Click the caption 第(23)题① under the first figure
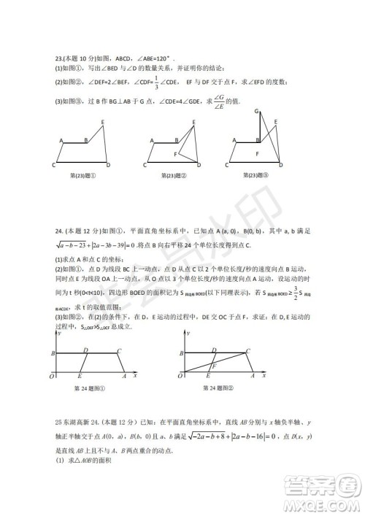tap(84, 174)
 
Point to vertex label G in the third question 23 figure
tap(256, 110)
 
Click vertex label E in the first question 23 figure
tap(102, 121)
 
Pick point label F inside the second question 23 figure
tap(176, 155)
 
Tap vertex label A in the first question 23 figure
tap(61, 139)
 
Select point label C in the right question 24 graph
tap(248, 350)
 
